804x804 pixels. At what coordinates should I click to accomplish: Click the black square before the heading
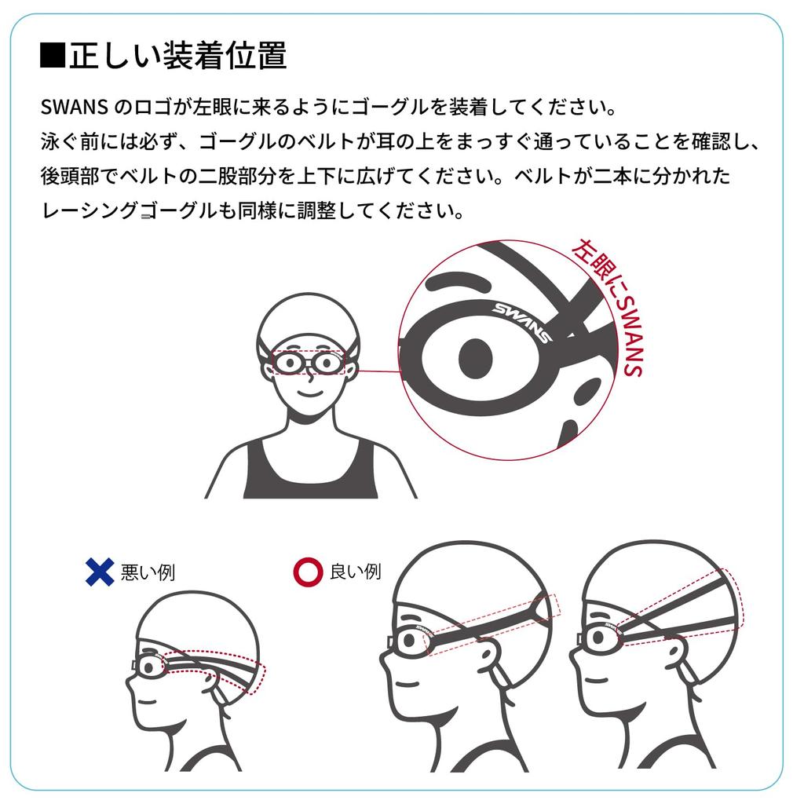point(52,57)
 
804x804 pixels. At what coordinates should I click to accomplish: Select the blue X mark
point(100,571)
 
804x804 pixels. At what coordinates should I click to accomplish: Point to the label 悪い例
point(148,572)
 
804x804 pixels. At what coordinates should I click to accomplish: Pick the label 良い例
point(355,571)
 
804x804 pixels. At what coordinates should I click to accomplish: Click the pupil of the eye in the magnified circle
point(476,358)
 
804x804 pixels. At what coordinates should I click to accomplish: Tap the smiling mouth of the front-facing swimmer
point(309,390)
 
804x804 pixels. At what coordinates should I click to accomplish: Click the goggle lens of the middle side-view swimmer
point(410,640)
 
